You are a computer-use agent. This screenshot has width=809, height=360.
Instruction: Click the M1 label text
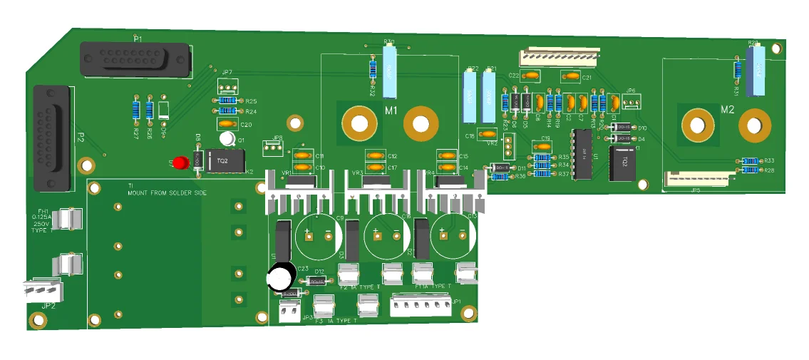(x=391, y=110)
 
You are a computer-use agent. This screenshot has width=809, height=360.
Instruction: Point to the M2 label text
(x=727, y=110)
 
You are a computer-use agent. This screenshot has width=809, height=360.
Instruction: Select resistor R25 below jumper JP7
(x=228, y=101)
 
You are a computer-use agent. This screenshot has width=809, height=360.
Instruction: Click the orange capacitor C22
(x=531, y=76)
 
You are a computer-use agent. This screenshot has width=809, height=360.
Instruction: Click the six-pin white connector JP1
(x=421, y=305)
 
